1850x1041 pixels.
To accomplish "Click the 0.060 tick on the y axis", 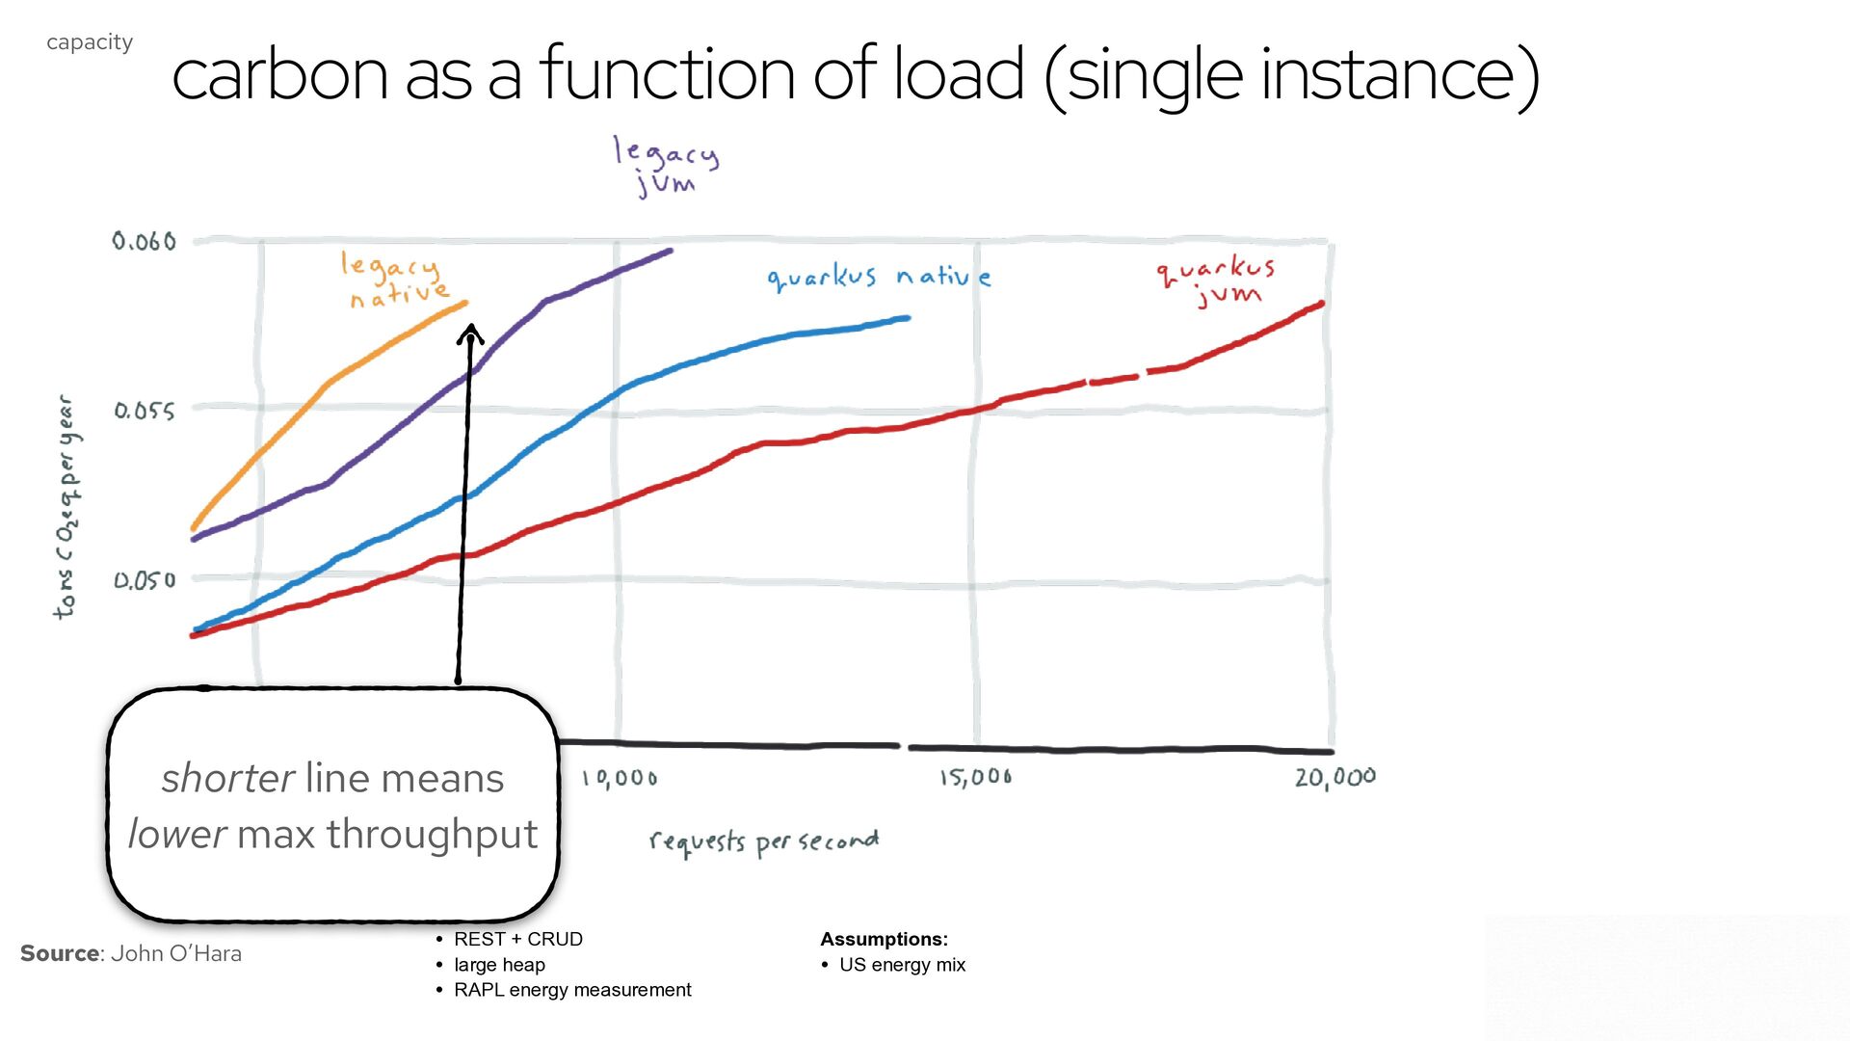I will [145, 241].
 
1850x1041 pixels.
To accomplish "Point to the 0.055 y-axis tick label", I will [145, 411].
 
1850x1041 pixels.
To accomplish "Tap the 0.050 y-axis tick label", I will [145, 580].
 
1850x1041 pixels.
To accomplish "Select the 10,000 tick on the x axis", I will [620, 778].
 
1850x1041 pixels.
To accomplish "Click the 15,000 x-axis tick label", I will [976, 777].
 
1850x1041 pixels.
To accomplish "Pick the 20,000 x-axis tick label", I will [1335, 777].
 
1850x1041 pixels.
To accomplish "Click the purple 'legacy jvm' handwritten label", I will [666, 167].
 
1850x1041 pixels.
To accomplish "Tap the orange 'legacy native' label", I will [395, 280].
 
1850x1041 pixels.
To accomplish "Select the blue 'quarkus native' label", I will [879, 278].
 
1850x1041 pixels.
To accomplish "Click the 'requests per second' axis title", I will [764, 842].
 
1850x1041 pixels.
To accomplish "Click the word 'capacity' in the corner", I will [90, 42].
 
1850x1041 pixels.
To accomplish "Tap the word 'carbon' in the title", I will [279, 74].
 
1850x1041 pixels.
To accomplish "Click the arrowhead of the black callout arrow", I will [470, 334].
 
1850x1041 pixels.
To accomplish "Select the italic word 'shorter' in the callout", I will [227, 778].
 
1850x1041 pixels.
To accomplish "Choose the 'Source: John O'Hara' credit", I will [131, 953].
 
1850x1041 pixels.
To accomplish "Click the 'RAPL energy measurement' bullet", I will [572, 990].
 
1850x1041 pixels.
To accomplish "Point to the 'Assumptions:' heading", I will [884, 939].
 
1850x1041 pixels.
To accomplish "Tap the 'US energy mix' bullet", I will [902, 965].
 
